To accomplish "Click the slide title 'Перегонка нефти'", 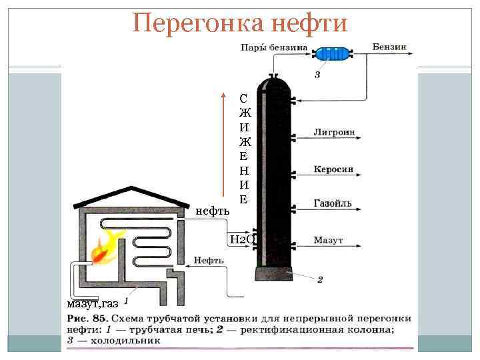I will point(240,23).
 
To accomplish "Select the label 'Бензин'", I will point(389,47).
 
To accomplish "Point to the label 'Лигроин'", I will point(333,132).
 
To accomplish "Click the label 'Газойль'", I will point(333,203).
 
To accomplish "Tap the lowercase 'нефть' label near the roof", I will point(213,211).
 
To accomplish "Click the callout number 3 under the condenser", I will point(317,75).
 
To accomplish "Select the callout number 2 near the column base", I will point(319,280).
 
